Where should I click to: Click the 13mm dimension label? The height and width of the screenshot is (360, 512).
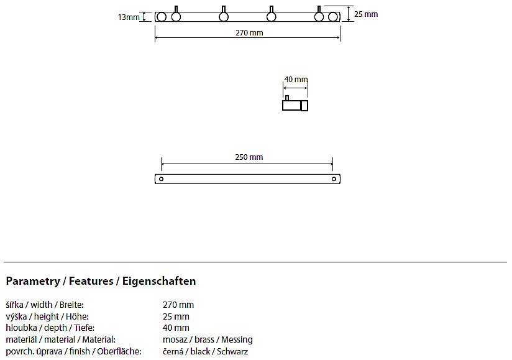coord(129,17)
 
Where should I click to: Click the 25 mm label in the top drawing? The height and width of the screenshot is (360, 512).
coord(366,14)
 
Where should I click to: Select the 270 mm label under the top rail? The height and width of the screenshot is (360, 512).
coord(249,33)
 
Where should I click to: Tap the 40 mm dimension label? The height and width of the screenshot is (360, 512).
coord(296,80)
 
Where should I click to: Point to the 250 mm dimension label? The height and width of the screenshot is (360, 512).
coord(249,157)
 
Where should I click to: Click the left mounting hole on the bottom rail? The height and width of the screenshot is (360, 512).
coord(161,179)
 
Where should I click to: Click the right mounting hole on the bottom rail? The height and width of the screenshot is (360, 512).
coord(334,179)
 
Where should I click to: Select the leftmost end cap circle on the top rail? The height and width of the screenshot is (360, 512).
coord(162,17)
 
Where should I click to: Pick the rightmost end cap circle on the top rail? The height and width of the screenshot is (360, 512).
coord(332,17)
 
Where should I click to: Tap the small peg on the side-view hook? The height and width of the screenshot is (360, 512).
coord(287,98)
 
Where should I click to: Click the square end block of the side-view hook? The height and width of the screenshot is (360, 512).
coord(304,106)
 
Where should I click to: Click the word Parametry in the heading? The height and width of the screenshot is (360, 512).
coord(33,281)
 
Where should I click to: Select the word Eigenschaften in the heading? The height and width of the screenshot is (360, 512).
coord(159,281)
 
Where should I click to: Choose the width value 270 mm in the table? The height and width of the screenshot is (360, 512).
coord(178,305)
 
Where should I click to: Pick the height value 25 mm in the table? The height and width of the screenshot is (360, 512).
coord(176,316)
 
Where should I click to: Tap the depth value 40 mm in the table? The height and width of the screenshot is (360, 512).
coord(176,328)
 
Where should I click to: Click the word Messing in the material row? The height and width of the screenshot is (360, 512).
coord(237,339)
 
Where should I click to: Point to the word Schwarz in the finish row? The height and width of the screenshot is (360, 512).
coord(232,351)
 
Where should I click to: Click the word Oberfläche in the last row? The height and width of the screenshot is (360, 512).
coord(119,351)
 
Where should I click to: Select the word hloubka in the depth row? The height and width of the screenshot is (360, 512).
coord(21,328)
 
